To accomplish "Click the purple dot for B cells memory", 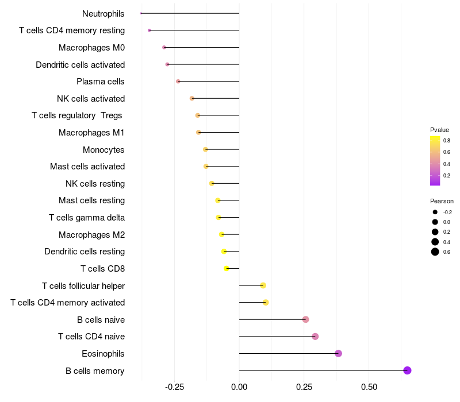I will [407, 370].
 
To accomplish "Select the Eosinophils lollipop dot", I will [338, 353].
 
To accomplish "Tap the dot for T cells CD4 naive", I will [315, 337].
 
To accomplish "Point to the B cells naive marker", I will [305, 319].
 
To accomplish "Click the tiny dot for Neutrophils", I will [141, 13].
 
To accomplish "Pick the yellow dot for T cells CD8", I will [227, 268].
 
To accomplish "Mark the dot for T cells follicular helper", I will [263, 285].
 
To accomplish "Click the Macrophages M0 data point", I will [164, 47].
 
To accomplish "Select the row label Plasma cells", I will [100, 82].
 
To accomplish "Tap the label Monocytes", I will [103, 150].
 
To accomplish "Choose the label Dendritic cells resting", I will [85, 252].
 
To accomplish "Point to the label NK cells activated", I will [91, 99].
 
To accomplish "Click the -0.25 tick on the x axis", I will [174, 387].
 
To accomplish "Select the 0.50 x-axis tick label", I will [369, 387].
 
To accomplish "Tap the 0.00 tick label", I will [239, 387].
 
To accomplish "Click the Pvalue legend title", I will [439, 130].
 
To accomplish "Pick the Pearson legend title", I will [442, 202].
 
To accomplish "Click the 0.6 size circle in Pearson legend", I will [435, 252].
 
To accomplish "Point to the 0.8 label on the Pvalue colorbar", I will [446, 140].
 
